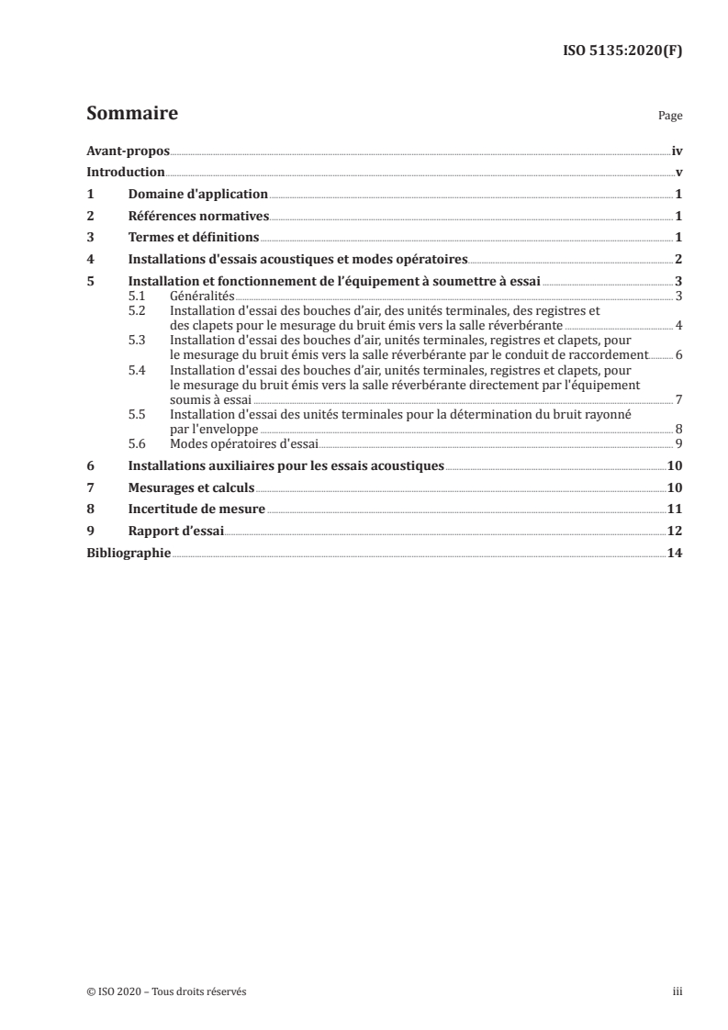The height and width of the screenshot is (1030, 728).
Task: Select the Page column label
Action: click(670, 117)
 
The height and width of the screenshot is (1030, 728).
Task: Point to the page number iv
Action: click(677, 151)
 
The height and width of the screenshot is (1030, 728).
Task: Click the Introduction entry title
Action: click(125, 173)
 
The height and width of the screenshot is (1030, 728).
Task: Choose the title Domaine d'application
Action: click(197, 195)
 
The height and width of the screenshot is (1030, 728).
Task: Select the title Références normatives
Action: click(197, 217)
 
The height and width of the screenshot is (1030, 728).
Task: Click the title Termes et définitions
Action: click(193, 238)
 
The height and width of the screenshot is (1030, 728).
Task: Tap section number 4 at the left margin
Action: click(90, 260)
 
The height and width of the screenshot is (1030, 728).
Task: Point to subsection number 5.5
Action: click(137, 415)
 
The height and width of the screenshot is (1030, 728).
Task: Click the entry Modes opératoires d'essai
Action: click(243, 444)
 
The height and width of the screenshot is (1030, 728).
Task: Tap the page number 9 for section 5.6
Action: click(678, 444)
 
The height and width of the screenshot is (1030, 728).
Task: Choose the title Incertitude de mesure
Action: click(196, 509)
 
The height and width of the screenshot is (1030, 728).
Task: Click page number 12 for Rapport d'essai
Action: click(674, 532)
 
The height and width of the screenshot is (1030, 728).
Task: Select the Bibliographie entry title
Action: click(128, 554)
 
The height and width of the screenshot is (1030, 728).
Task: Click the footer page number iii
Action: click(678, 991)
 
